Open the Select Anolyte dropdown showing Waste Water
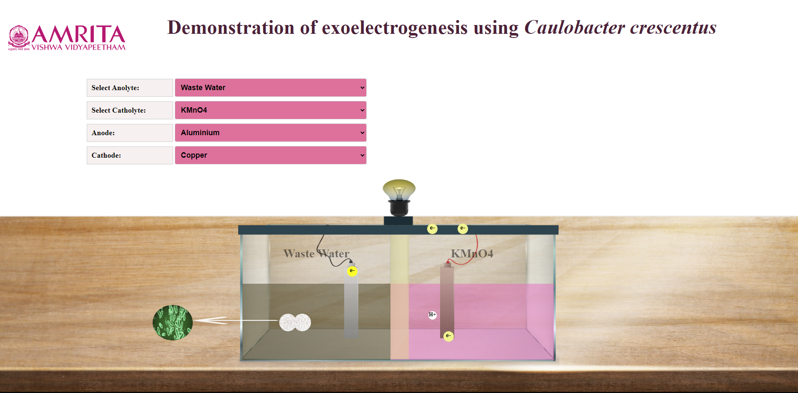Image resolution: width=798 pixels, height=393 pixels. click(x=270, y=88)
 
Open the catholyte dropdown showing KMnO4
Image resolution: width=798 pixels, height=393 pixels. click(x=270, y=110)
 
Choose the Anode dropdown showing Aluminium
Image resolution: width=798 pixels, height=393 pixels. click(x=270, y=133)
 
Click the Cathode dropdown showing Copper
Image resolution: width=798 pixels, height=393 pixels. click(x=270, y=155)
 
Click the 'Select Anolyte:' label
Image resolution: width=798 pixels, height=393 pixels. click(x=116, y=88)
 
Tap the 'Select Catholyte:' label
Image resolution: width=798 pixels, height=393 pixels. click(x=119, y=110)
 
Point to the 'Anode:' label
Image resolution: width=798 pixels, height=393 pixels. click(x=103, y=133)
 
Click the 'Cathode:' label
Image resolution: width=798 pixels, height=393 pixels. click(x=106, y=155)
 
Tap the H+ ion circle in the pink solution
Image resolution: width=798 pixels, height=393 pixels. click(x=433, y=315)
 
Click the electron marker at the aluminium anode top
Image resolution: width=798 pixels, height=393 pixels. click(x=352, y=271)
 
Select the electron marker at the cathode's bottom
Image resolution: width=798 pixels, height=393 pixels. click(x=448, y=336)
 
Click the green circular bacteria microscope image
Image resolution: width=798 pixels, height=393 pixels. click(x=173, y=322)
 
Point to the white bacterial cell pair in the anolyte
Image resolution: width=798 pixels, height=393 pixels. click(x=295, y=322)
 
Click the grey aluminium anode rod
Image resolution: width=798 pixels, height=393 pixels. click(x=351, y=302)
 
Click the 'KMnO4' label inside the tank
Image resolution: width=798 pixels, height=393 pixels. click(x=472, y=254)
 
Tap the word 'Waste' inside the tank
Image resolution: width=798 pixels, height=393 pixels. click(x=299, y=254)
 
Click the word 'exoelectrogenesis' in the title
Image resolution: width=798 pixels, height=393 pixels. click(x=395, y=28)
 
